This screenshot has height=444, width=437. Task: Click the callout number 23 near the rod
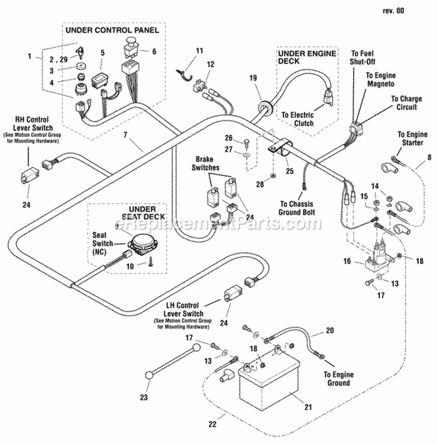(145, 397)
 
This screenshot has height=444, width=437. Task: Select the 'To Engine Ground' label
(338, 379)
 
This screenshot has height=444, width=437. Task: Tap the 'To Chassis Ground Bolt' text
(297, 208)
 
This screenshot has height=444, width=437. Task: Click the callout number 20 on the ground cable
(329, 331)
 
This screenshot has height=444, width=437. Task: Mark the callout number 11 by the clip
(199, 51)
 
